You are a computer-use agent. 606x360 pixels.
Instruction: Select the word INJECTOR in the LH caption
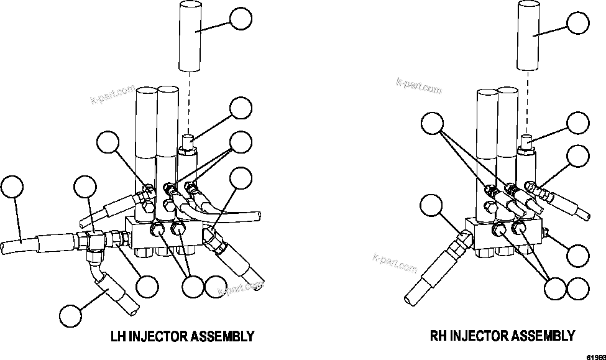(x=158, y=336)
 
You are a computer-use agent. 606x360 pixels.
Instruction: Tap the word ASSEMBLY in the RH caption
(x=543, y=336)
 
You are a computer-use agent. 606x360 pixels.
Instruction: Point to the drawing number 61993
(x=595, y=356)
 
